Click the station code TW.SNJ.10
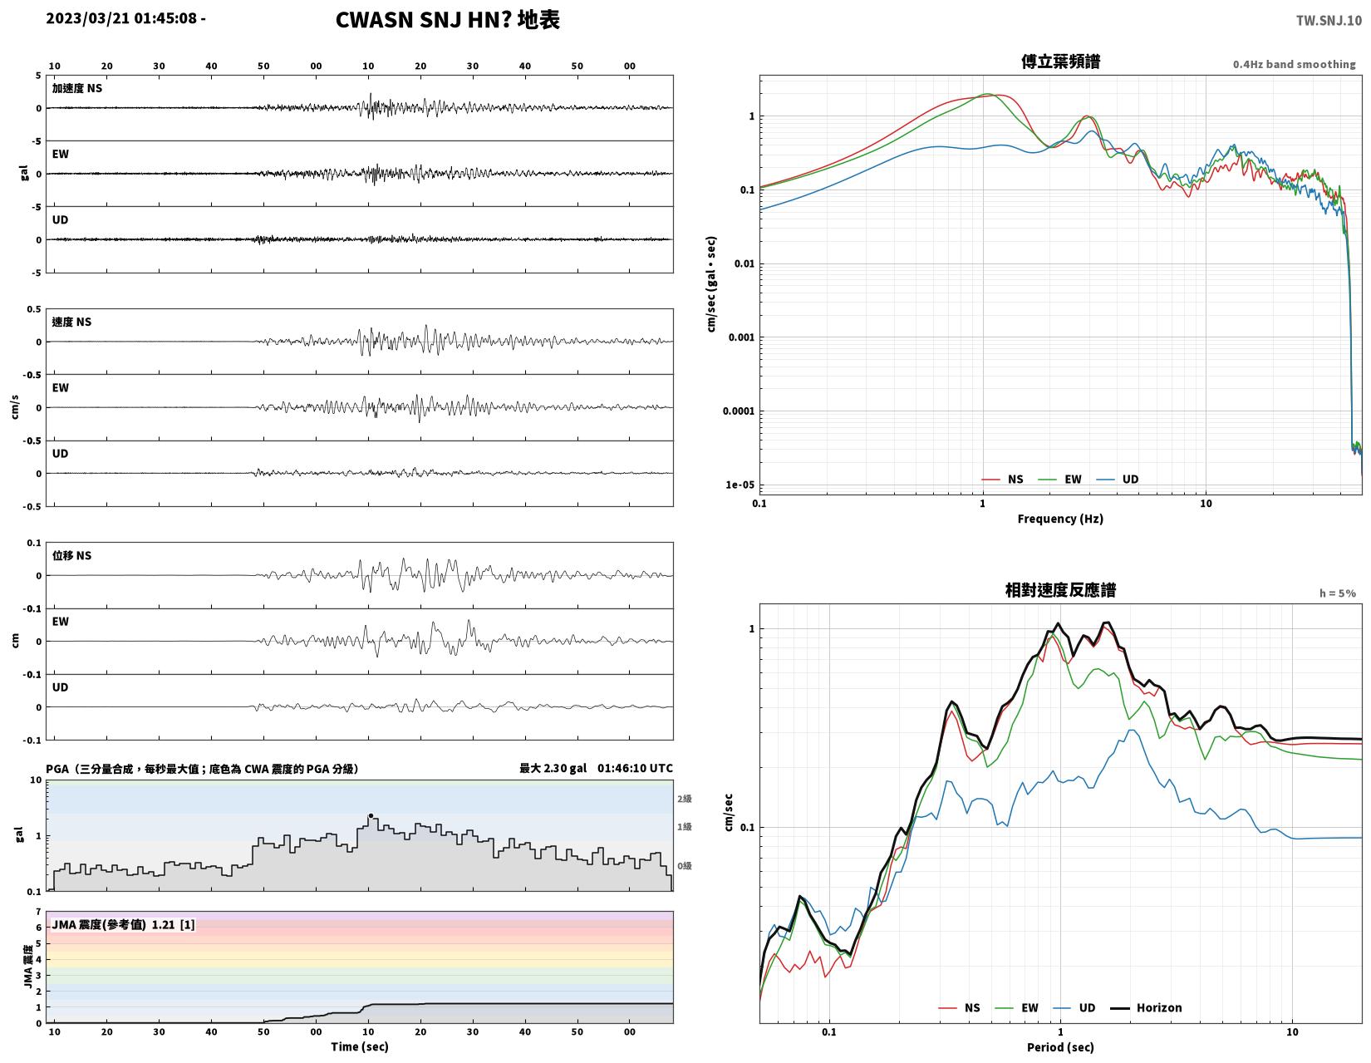coord(1328,20)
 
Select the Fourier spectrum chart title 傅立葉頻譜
coord(1060,62)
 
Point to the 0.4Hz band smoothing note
coord(1294,64)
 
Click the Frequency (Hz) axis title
coord(1060,519)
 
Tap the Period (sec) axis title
coord(1060,1047)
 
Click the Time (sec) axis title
coord(360,1046)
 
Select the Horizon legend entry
coord(1146,1007)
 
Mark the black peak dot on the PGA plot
coord(371,815)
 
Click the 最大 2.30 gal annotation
coord(553,769)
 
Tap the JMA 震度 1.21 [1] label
coord(123,925)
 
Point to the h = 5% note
coord(1337,593)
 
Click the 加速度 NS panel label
coord(77,88)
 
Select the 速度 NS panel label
coord(71,322)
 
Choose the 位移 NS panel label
coord(71,555)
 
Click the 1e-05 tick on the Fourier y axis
coord(740,485)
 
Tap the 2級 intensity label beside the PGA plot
coord(684,799)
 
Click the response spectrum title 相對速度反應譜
coord(1060,590)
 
